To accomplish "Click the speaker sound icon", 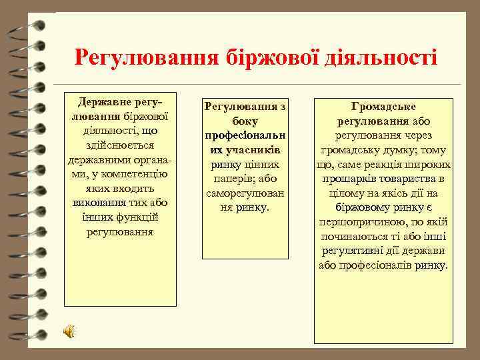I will pos(69,331).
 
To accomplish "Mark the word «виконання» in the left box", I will pos(101,203).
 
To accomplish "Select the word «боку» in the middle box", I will pos(245,121).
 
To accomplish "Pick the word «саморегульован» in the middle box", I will pos(245,193).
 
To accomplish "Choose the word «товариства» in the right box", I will pos(409,179).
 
